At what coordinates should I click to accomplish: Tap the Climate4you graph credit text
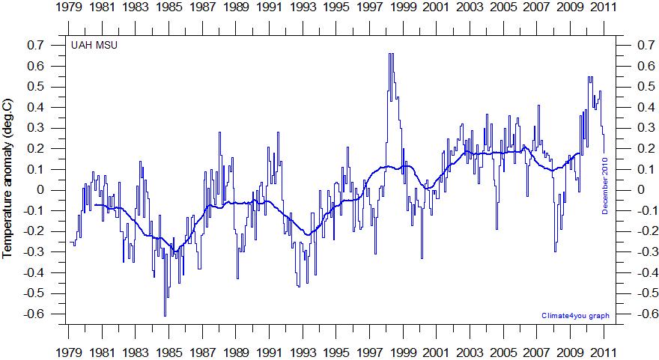point(574,316)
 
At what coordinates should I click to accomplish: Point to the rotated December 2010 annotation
point(605,187)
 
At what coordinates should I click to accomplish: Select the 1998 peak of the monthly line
point(391,54)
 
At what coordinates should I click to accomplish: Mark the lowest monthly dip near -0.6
point(165,315)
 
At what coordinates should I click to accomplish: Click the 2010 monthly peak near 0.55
point(590,77)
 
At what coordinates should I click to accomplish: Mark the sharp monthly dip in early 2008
point(555,251)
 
